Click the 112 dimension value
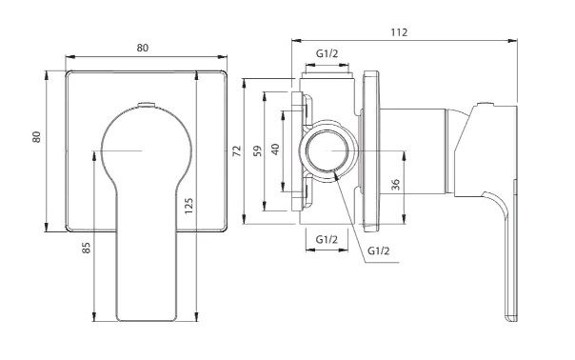[399, 32]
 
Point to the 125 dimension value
[188, 206]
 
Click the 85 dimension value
[86, 248]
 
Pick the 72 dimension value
[237, 150]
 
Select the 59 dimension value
[258, 150]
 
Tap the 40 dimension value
[275, 149]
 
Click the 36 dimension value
[395, 185]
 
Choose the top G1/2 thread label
[327, 54]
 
